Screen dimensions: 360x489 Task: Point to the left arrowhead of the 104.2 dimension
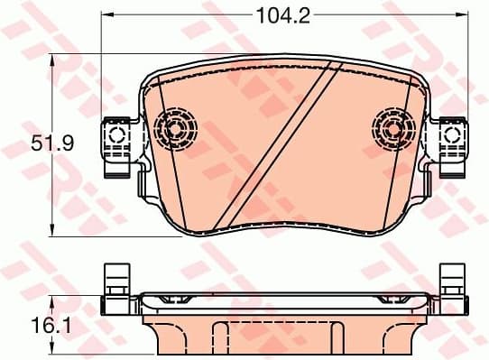coord(105,15)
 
